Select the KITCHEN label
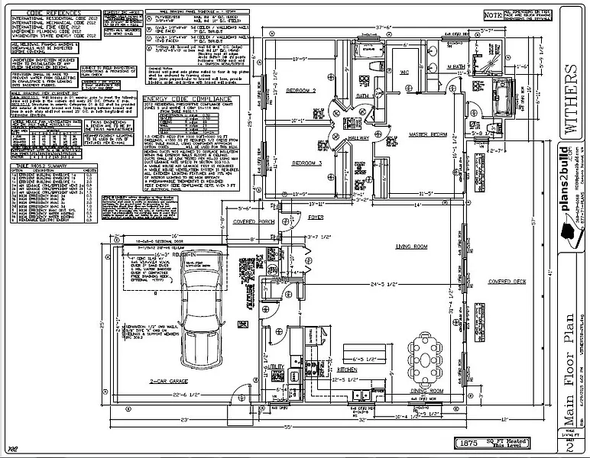[x=348, y=369]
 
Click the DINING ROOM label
[x=426, y=390]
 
